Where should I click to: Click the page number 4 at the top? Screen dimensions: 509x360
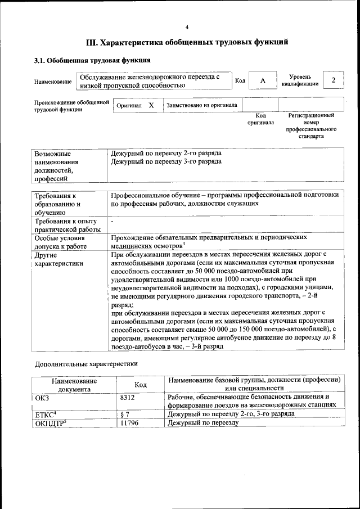pos(187,28)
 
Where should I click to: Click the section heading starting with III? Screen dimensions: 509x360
pos(187,42)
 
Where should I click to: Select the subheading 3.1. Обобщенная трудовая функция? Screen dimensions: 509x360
pos(92,60)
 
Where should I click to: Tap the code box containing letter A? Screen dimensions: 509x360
pos(262,81)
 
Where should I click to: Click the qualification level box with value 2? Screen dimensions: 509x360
pos(334,80)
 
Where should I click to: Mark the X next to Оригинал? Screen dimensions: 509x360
pos(151,105)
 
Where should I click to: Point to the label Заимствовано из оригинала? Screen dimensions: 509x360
pos(201,105)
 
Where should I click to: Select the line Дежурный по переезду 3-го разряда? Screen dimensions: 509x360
pos(166,161)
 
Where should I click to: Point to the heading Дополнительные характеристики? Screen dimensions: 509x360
pos(86,363)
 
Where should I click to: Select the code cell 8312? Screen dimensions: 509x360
pos(129,398)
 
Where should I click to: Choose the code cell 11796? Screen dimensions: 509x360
pos(130,422)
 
